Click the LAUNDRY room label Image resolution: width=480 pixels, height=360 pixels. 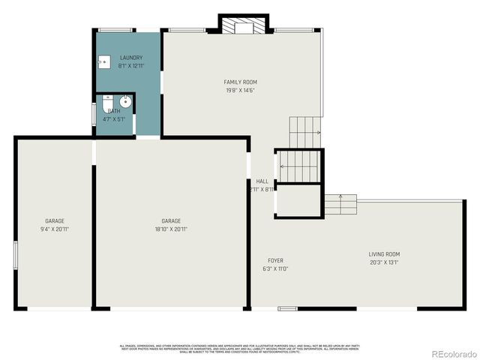coord(131,58)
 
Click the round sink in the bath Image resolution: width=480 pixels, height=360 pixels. coord(126,101)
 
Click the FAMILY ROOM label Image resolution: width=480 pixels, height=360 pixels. coord(241,82)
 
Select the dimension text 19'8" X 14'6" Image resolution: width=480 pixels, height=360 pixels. coord(241,90)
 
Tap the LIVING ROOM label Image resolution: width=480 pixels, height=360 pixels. coord(384,254)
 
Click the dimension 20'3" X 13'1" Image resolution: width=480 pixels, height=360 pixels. coord(384,262)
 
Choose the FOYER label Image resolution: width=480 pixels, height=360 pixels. coord(275,260)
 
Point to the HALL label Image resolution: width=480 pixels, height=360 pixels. coord(262,181)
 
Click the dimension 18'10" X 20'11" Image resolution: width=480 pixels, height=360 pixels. coord(171,229)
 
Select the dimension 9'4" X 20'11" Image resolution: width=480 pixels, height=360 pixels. coord(54,229)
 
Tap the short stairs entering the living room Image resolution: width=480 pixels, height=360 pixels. coord(340,204)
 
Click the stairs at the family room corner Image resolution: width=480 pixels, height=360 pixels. coord(304,130)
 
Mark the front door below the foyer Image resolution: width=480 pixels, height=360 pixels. coord(287,308)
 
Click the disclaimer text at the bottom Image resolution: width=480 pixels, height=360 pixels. coord(239,347)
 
